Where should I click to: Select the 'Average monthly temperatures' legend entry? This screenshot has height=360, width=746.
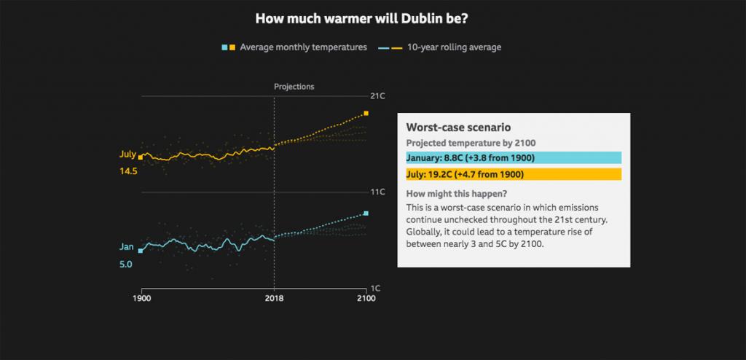click(x=302, y=47)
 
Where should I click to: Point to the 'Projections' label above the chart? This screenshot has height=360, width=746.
click(x=294, y=86)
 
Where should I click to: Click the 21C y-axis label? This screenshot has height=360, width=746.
click(x=377, y=96)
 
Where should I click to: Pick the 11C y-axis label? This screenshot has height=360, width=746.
click(x=377, y=192)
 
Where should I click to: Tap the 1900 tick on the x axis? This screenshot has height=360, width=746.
click(x=141, y=299)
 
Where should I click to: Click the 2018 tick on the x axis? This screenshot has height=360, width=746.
click(x=274, y=299)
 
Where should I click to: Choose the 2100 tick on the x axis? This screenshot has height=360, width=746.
click(x=366, y=299)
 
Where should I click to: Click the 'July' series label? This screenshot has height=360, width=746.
click(x=127, y=154)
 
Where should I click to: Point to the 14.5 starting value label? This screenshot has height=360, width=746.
click(x=128, y=171)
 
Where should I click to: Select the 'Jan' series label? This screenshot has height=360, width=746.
click(x=126, y=247)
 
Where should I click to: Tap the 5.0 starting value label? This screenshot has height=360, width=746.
click(x=125, y=265)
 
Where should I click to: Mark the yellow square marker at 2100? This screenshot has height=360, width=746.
click(x=366, y=114)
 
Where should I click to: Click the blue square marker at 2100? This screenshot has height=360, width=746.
click(x=366, y=214)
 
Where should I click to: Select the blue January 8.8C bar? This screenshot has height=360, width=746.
click(x=513, y=157)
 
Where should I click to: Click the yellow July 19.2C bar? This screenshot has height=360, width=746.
click(x=513, y=174)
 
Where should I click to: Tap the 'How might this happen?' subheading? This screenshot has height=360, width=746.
click(x=457, y=194)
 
